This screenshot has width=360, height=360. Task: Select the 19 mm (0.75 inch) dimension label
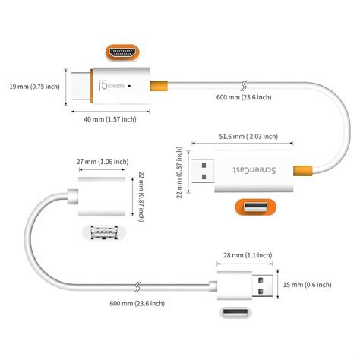[x=35, y=86]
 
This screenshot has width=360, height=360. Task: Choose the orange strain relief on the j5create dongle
[x=157, y=87]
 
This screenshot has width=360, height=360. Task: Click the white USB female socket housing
[x=99, y=196]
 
